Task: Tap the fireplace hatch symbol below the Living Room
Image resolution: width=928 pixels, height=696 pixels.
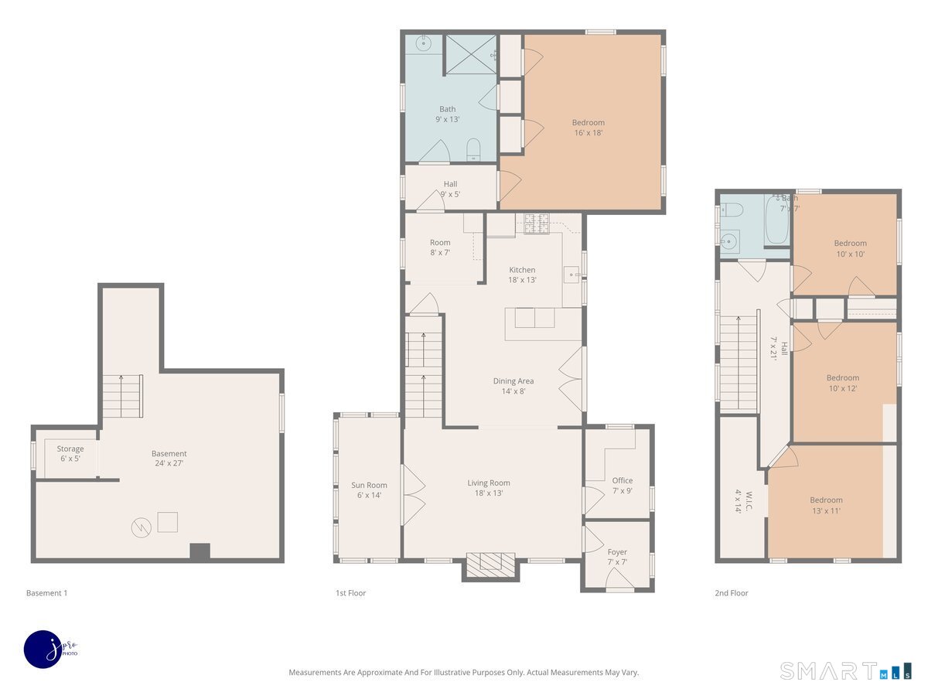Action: [490, 565]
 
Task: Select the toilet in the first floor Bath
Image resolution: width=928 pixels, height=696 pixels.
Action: [473, 149]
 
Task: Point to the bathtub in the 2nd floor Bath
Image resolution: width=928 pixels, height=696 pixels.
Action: [776, 220]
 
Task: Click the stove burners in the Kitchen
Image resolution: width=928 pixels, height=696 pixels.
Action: [537, 223]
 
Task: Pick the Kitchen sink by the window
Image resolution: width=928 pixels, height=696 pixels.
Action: [571, 275]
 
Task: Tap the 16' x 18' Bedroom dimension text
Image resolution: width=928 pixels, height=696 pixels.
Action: [588, 133]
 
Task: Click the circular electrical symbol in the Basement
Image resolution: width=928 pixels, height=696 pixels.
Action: [142, 527]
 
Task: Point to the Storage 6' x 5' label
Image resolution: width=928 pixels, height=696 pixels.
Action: [70, 453]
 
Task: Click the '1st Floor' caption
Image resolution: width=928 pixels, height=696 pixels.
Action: [350, 593]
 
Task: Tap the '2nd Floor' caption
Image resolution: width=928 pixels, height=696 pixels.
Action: [732, 593]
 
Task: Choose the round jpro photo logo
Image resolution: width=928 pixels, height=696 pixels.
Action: [44, 650]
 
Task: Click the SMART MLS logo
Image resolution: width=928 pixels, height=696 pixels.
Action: [845, 670]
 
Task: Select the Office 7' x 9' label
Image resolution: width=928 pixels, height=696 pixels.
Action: [623, 486]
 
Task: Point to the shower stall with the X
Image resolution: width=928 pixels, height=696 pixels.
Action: [472, 54]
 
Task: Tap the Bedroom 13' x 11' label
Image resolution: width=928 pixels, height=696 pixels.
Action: [826, 506]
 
